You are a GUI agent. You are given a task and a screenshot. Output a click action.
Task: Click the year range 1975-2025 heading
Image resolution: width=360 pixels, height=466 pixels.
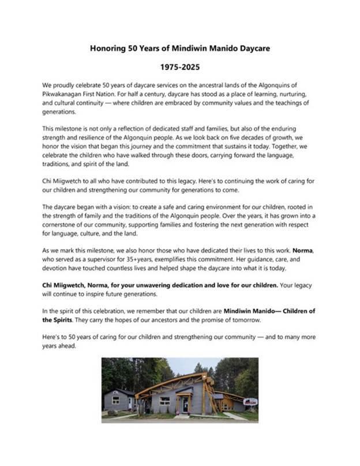point(179,67)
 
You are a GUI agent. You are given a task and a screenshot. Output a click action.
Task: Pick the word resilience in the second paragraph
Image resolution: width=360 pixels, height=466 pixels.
point(93,136)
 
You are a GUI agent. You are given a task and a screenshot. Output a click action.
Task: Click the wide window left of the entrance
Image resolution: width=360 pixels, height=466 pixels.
point(164,400)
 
